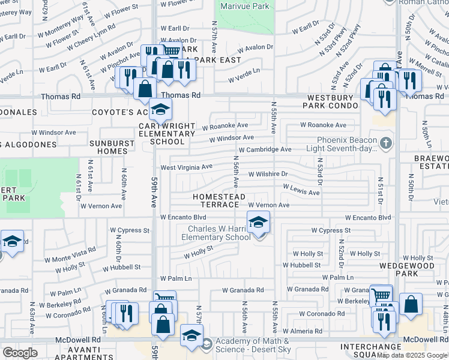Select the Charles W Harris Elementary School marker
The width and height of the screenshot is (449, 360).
[x=258, y=223]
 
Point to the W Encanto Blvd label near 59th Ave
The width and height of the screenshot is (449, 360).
[x=183, y=217]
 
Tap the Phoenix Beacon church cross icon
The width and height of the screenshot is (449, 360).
[x=385, y=143]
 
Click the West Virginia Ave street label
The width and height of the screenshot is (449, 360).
[x=186, y=167]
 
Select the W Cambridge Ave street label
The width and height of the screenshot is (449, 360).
[x=265, y=149]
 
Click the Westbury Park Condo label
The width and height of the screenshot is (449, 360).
[x=333, y=101]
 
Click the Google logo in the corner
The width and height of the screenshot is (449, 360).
[x=19, y=353]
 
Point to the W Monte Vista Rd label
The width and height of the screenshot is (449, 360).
[x=70, y=254]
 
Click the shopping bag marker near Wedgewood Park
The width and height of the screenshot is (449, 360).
[x=411, y=304]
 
